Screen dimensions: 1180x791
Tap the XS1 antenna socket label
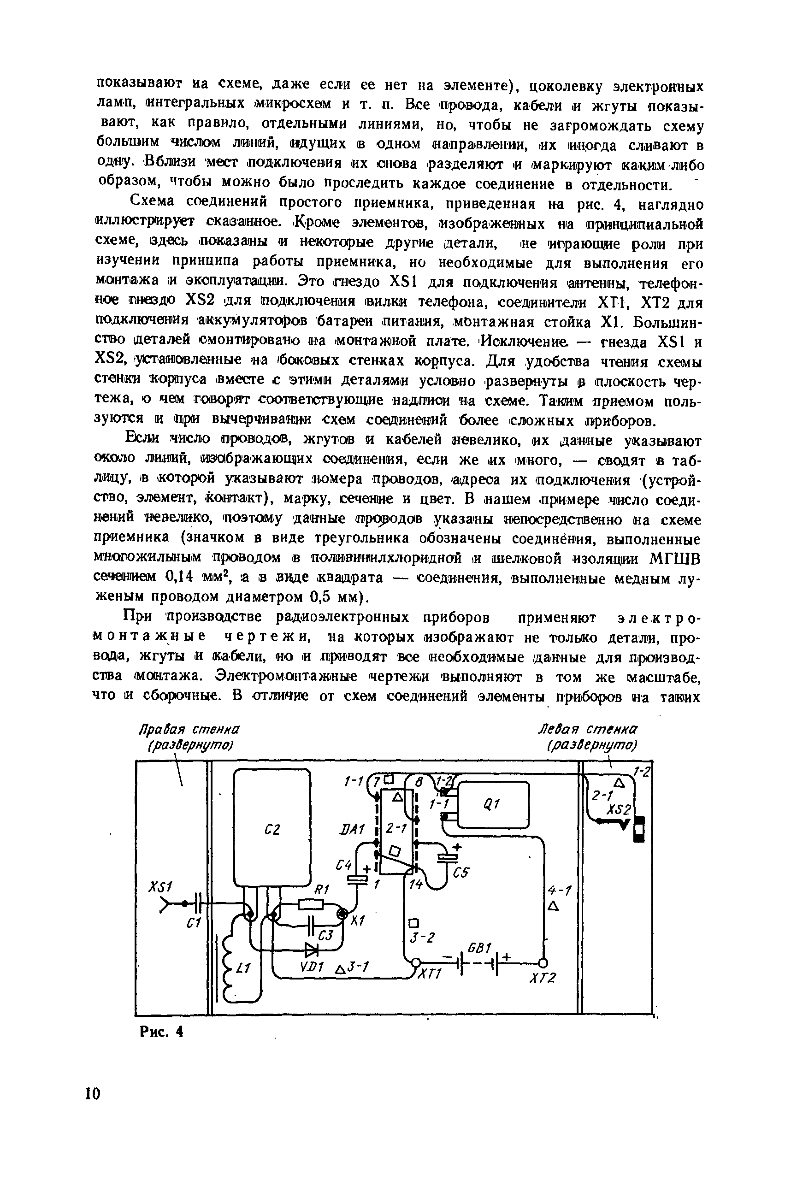click(161, 887)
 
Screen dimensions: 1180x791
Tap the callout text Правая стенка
click(189, 730)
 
